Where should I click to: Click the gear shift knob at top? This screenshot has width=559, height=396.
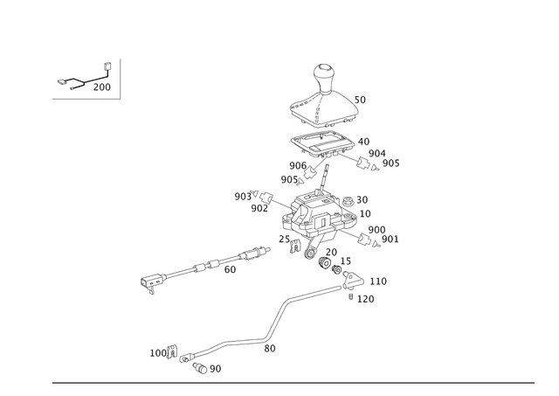[x=324, y=79]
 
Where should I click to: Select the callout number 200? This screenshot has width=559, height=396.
[x=102, y=87]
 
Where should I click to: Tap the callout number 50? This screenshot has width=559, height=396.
[x=360, y=100]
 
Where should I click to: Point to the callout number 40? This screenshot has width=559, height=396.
[x=363, y=142]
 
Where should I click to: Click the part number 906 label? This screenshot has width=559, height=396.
[x=298, y=165]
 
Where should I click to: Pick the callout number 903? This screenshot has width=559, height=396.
[x=243, y=197]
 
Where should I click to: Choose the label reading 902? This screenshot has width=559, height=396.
[x=259, y=208]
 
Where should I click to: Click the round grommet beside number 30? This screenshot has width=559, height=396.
[x=348, y=202]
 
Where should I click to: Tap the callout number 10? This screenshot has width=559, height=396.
[x=365, y=213]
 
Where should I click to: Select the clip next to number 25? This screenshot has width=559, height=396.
[x=295, y=246]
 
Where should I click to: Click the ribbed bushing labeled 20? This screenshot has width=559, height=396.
[x=325, y=263]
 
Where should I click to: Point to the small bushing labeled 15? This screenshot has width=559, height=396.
[x=336, y=269]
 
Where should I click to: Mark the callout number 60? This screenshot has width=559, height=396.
[x=230, y=270]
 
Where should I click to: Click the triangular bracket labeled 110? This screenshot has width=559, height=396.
[x=352, y=281]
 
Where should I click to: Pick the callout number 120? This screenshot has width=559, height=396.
[x=366, y=299]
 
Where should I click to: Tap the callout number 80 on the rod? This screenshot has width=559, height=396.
[x=270, y=349]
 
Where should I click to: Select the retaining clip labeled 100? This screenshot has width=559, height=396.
[x=173, y=352]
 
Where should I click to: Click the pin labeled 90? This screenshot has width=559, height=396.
[x=200, y=368]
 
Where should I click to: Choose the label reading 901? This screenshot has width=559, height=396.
[x=390, y=239]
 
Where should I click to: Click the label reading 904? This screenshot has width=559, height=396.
[x=377, y=153]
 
